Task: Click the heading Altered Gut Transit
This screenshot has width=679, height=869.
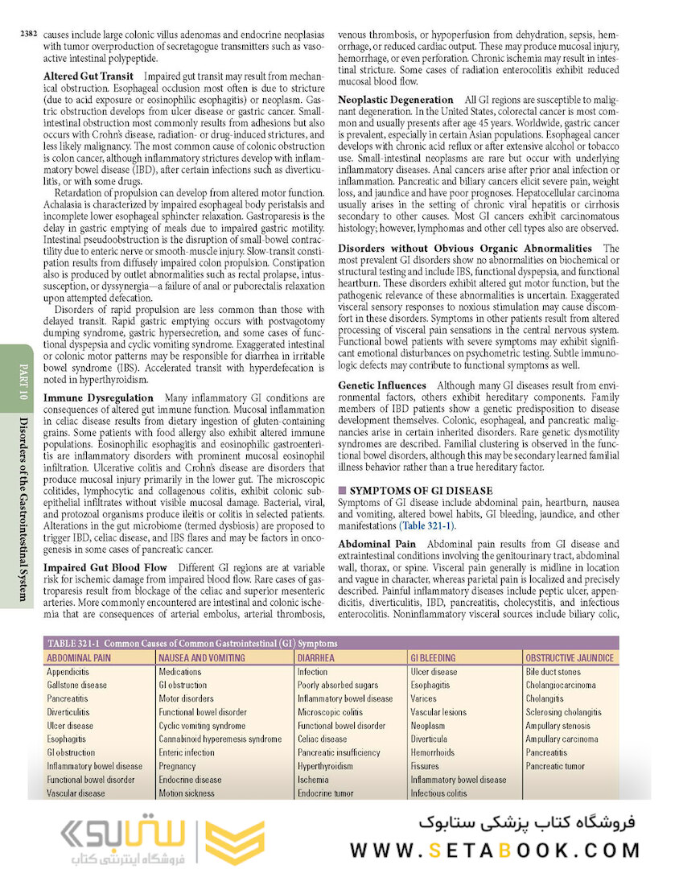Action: [88, 76]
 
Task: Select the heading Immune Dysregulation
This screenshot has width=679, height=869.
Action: [98, 397]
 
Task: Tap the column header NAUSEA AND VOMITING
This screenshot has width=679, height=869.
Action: [190, 658]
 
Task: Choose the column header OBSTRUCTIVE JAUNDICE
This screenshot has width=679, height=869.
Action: [570, 658]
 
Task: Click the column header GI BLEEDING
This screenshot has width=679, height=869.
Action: [433, 658]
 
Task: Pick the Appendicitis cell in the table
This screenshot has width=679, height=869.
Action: [68, 672]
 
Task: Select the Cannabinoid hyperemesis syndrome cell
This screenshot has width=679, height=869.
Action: [220, 739]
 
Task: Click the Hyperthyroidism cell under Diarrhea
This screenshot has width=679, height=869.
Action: [325, 766]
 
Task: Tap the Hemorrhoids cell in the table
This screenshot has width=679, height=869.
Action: [432, 752]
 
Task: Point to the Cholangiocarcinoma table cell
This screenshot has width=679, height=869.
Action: [561, 686]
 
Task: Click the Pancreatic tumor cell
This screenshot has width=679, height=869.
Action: [555, 766]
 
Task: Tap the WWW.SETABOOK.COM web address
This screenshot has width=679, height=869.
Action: [495, 850]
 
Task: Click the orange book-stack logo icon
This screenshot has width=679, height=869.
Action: [235, 842]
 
